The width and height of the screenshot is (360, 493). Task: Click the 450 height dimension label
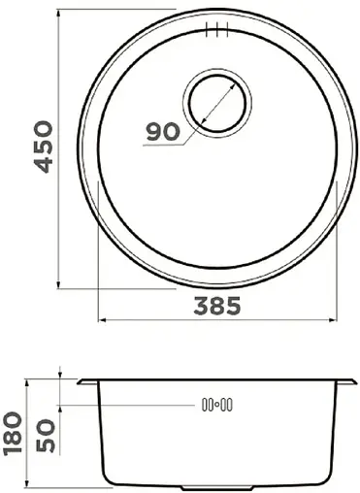(x=40, y=147)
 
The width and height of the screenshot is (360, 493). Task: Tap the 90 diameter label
(x=165, y=132)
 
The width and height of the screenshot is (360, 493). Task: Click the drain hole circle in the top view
(x=219, y=99)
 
